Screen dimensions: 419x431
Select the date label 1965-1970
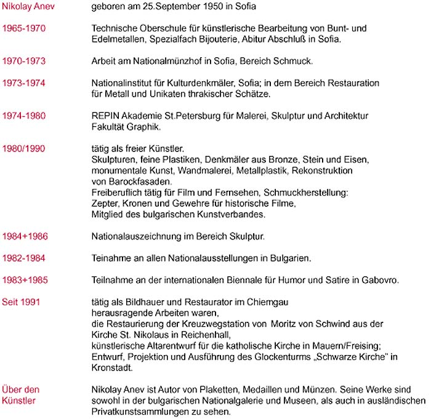[x=23, y=28]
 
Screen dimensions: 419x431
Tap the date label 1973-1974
[x=23, y=82]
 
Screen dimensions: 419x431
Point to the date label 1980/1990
[x=23, y=148]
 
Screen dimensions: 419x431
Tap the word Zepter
[x=104, y=203]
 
